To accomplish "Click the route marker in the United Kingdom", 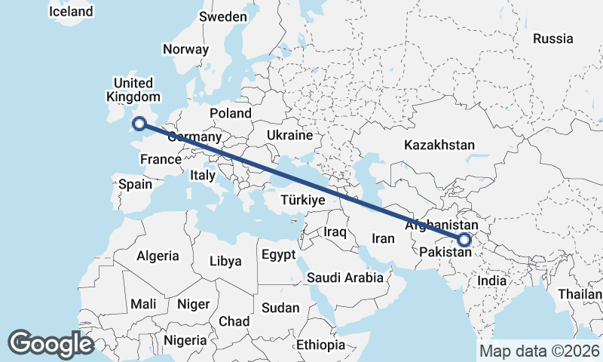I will [139, 124].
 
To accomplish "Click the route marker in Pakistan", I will [464, 240].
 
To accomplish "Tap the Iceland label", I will [70, 11].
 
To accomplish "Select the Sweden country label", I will [223, 17].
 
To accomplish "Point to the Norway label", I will [185, 49].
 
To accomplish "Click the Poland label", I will [231, 113].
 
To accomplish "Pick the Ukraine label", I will [289, 136].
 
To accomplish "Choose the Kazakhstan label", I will [439, 144].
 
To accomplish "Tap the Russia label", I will [552, 38].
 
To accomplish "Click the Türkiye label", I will [301, 201].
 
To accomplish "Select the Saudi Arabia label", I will [345, 278].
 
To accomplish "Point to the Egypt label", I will [279, 255].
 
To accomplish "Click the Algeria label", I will [158, 256].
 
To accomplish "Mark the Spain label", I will [135, 184].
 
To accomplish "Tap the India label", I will [492, 281].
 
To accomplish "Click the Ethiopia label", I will [320, 345].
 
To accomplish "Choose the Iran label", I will [384, 238].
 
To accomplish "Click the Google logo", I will [51, 343].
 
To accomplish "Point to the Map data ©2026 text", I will [539, 351].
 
